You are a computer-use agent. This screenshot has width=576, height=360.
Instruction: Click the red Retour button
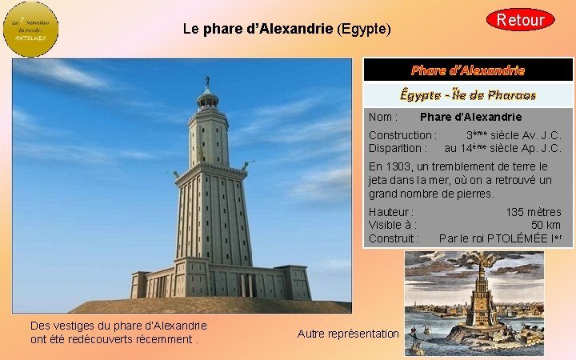pyautogui.click(x=520, y=19)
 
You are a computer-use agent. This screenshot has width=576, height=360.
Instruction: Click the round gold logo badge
pyautogui.click(x=31, y=29)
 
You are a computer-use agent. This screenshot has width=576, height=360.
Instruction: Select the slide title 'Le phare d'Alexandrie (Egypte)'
pyautogui.click(x=286, y=30)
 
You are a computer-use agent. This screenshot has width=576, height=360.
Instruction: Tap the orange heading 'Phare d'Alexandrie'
pyautogui.click(x=468, y=70)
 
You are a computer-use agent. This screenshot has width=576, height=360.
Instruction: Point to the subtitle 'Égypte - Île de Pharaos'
pyautogui.click(x=468, y=94)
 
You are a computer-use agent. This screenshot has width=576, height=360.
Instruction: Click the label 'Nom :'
pyautogui.click(x=383, y=118)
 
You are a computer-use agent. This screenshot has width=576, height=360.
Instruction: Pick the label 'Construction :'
pyautogui.click(x=402, y=136)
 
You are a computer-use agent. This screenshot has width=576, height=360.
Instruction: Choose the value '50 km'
pyautogui.click(x=546, y=225)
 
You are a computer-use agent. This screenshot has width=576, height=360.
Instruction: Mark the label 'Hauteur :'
pyautogui.click(x=391, y=212)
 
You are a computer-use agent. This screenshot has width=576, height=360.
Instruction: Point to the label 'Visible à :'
pyautogui.click(x=392, y=225)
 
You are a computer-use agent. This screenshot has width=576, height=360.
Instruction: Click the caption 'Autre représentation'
pyautogui.click(x=347, y=334)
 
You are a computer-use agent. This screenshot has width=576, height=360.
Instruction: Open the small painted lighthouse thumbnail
pyautogui.click(x=474, y=303)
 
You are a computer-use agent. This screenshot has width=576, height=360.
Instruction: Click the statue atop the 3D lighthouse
pyautogui.click(x=207, y=81)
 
